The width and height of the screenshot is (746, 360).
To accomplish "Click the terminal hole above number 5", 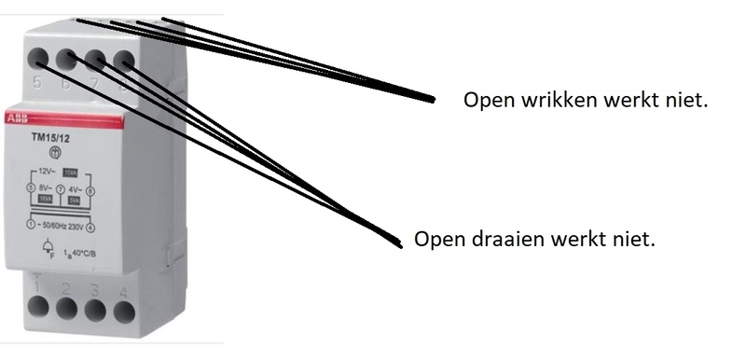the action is click(38, 59).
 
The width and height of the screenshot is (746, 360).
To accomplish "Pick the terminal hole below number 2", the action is click(65, 308).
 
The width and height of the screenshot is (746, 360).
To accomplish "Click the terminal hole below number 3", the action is click(94, 309).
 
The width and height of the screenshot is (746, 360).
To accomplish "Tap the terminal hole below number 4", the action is click(122, 309).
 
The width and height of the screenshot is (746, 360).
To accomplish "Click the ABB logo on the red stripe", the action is click(18, 119).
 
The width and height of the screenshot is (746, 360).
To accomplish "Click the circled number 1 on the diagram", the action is click(31, 226).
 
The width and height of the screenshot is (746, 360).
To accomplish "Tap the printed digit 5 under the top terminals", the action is click(36, 84).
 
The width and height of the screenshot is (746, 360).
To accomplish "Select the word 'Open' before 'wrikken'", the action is click(486, 100).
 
